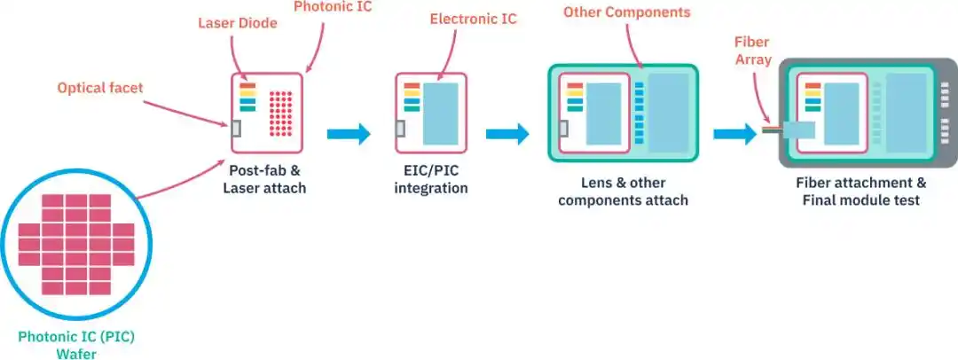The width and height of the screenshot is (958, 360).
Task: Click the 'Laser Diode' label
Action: (x=238, y=24)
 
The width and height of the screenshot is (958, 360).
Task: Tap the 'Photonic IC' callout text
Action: (x=333, y=7)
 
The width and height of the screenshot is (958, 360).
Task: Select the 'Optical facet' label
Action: (x=100, y=88)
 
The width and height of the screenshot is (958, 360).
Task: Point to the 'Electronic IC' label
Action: (x=474, y=19)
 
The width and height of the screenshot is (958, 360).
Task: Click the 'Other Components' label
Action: (x=627, y=12)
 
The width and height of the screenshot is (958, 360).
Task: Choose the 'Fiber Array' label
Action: (x=753, y=51)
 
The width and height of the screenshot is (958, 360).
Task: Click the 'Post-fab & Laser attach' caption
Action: (x=264, y=178)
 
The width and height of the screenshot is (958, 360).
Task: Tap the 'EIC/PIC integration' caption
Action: (x=431, y=178)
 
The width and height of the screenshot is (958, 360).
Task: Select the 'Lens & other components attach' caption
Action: (x=624, y=192)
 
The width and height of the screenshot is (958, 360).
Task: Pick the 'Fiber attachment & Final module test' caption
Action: (x=860, y=192)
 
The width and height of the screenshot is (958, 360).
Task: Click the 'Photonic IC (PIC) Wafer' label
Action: (x=76, y=345)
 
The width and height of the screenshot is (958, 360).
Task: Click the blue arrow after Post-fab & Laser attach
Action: (x=349, y=134)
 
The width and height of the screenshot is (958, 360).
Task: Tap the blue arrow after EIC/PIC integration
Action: (x=507, y=134)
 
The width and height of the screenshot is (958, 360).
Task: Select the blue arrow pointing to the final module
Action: (x=735, y=134)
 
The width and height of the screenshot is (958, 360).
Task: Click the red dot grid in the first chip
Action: (x=281, y=113)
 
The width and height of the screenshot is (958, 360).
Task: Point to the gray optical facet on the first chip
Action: (x=236, y=129)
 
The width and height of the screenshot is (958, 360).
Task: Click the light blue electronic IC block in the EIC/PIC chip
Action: (x=441, y=113)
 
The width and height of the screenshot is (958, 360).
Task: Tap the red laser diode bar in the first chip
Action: (x=247, y=86)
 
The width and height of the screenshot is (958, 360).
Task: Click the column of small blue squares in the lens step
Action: (x=639, y=113)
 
